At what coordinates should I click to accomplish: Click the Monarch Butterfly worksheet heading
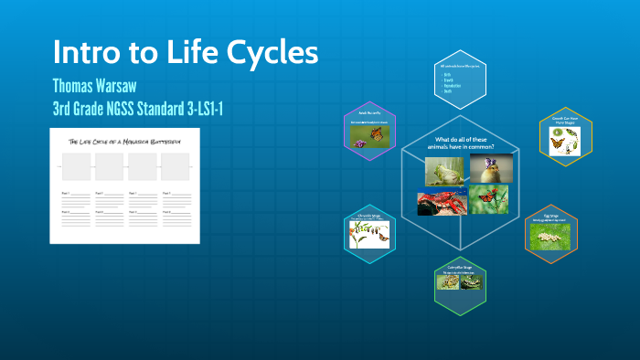126,142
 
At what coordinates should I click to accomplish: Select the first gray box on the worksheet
76,167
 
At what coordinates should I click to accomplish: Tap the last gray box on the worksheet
175,167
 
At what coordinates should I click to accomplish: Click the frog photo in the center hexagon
443,171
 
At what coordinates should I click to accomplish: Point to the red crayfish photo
437,201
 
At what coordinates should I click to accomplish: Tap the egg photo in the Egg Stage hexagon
551,236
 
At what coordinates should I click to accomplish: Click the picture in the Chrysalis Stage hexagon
370,237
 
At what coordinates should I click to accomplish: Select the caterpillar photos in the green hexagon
460,282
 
